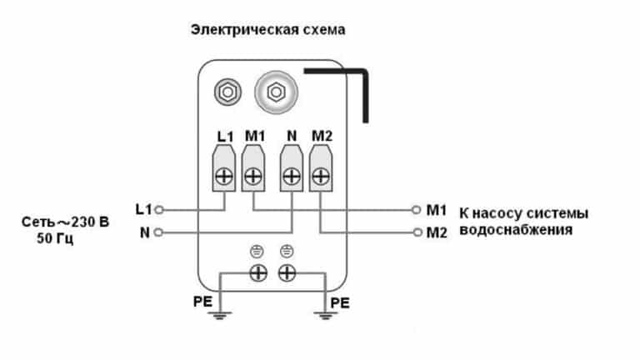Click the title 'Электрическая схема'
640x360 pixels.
[268, 29]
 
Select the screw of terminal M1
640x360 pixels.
[254, 176]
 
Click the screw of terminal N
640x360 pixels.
[292, 176]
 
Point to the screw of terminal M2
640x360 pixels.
[321, 176]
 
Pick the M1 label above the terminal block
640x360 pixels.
[254, 136]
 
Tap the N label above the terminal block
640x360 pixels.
[292, 136]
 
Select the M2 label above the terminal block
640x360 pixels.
[322, 136]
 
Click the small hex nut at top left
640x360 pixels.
[225, 89]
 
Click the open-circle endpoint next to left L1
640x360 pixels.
[158, 209]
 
